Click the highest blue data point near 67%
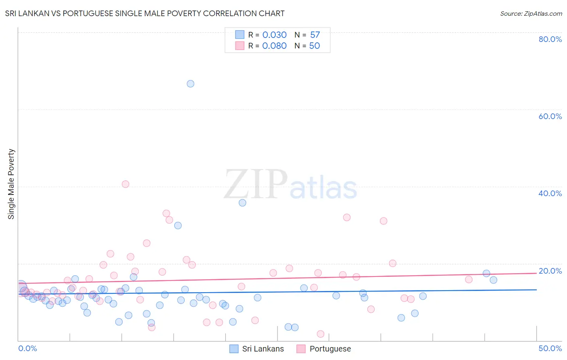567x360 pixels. coord(190,84)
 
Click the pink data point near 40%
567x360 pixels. coord(125,184)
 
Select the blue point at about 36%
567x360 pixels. coord(242,203)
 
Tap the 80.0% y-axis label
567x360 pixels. coord(550,39)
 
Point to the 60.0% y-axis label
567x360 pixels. coord(550,116)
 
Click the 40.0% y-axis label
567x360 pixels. coord(550,193)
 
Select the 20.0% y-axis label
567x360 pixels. coord(550,271)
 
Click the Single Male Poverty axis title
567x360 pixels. coord(11,184)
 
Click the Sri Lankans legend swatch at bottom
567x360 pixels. coord(234,349)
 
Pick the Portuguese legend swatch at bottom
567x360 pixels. coord(301,349)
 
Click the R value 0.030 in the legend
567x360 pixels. coord(274,35)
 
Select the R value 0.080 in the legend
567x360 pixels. coord(274,46)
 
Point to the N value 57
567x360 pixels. coord(315,35)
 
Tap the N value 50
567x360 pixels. coord(315,46)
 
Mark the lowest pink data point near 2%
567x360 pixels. coord(321,334)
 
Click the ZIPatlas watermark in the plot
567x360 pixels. coord(290,185)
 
